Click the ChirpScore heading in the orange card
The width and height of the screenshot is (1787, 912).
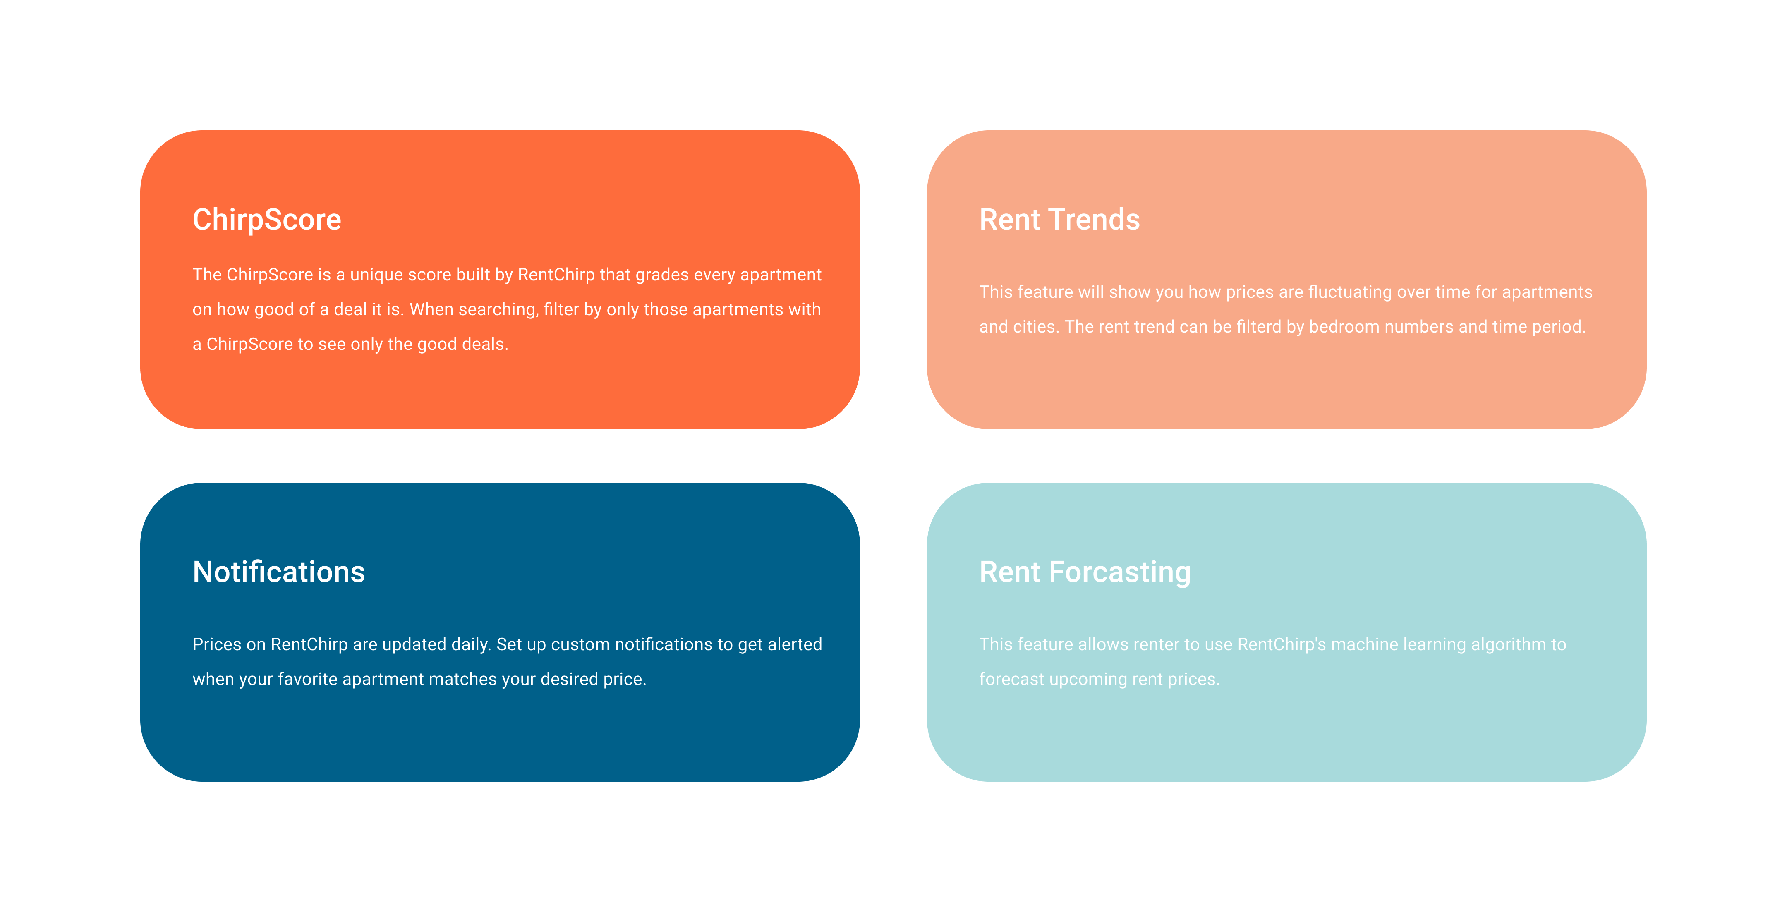267,220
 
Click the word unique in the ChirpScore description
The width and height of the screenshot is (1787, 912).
378,275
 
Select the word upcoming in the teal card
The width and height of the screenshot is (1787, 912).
1088,680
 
